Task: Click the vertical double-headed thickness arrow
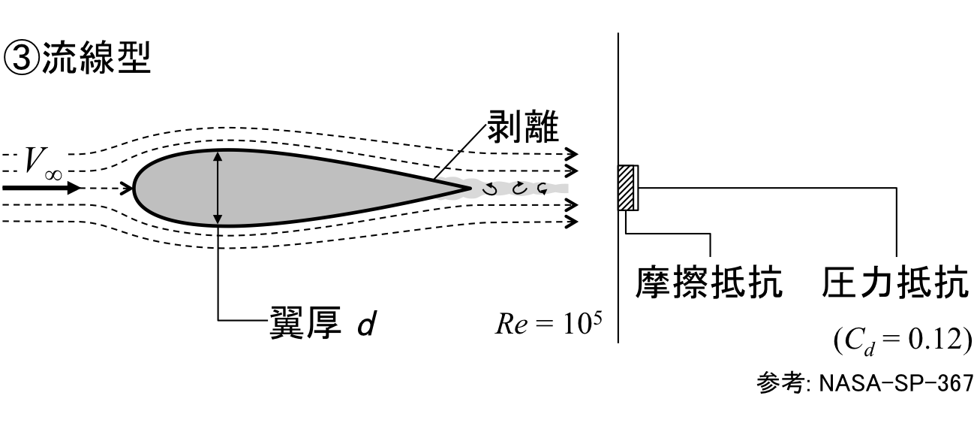click(218, 188)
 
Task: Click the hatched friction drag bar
click(626, 188)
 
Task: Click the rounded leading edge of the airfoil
click(136, 187)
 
